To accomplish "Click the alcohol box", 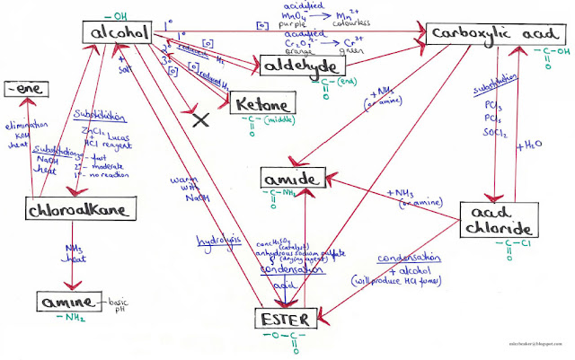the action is click(x=119, y=34).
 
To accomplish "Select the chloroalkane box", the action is click(x=81, y=209).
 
